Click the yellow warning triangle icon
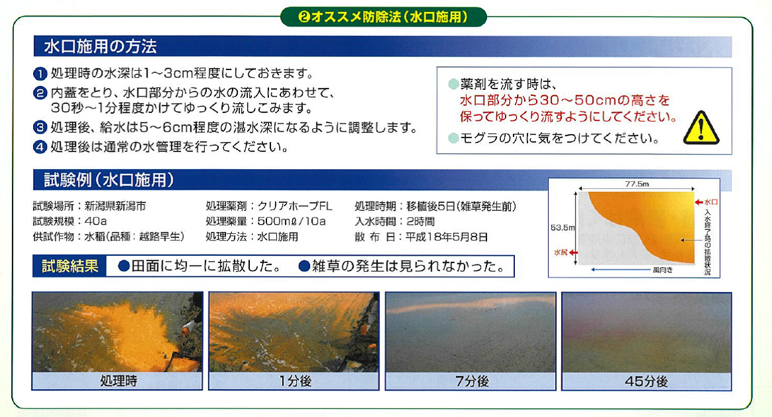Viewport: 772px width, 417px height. [x=701, y=128]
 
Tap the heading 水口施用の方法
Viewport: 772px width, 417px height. [x=100, y=46]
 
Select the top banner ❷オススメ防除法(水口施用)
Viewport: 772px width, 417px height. [x=383, y=17]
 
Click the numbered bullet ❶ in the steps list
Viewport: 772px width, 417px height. [x=40, y=74]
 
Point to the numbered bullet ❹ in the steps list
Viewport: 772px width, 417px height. [x=40, y=147]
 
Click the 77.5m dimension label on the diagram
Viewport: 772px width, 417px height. [x=637, y=184]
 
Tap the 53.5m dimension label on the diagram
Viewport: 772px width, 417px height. [x=562, y=227]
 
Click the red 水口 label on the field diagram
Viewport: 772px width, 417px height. [x=711, y=202]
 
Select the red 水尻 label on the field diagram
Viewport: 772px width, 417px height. [x=560, y=252]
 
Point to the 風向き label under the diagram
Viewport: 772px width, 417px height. [x=663, y=270]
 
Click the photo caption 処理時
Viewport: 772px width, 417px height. [x=119, y=381]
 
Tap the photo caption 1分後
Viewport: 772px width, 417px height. [x=295, y=381]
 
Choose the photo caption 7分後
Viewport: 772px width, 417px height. [x=472, y=381]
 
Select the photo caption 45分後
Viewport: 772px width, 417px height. [x=646, y=381]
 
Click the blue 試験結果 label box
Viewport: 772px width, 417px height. [x=69, y=266]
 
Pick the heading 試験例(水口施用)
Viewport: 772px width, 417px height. [x=109, y=180]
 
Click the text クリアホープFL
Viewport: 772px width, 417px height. [x=295, y=206]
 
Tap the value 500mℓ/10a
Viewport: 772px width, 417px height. [x=291, y=221]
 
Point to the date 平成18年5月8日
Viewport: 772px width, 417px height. [x=447, y=237]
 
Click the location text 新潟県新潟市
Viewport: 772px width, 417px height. [x=115, y=206]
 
